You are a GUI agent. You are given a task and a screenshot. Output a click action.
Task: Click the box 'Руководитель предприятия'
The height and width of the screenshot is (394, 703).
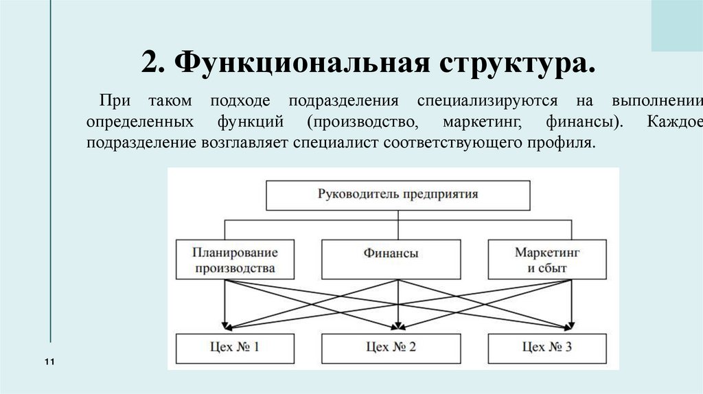tap(397, 194)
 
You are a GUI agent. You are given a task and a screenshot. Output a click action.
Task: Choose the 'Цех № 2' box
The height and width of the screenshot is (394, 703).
tap(391, 347)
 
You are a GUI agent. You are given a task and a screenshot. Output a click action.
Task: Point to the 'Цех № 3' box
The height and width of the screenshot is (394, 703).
tap(547, 347)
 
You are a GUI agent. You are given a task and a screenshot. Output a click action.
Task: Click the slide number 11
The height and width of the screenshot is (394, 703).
tap(49, 362)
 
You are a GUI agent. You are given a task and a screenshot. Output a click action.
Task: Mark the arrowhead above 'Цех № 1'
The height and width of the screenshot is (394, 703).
tap(224, 325)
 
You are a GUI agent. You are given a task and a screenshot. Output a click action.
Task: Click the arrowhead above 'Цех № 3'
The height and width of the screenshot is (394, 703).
tap(568, 325)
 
